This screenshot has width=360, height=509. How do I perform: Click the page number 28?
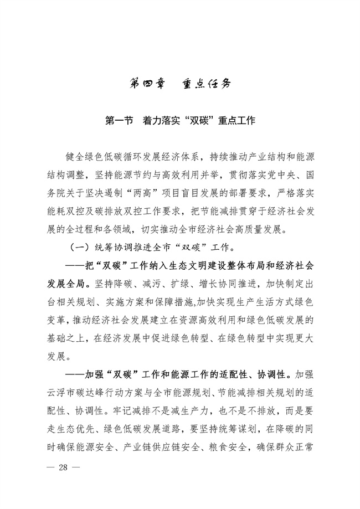61,467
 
